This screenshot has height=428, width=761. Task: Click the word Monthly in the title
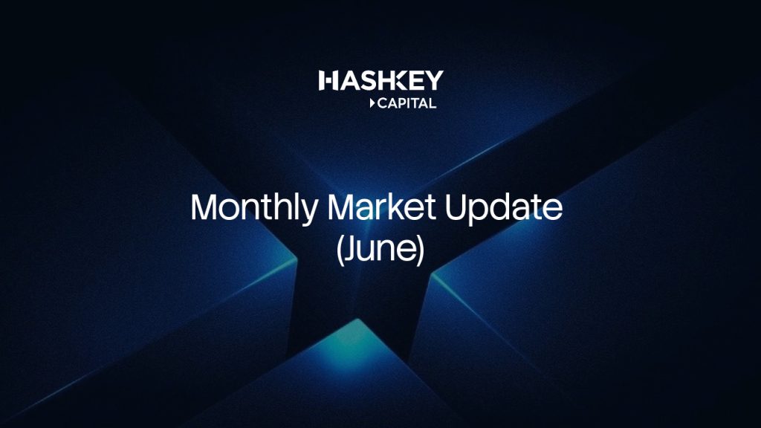coord(254,209)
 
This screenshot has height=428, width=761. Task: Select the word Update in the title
coord(504,209)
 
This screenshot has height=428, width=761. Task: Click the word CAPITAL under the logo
coord(407,103)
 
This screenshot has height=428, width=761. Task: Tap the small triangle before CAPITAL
coord(372,103)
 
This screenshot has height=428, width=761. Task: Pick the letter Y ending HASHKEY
coord(433,80)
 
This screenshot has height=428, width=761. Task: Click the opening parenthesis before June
coord(340,250)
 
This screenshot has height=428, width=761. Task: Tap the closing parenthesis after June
coord(421,250)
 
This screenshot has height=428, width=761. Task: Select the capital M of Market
coord(341,207)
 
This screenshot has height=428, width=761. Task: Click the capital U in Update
coord(456,208)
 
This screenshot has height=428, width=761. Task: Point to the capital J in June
coord(351,249)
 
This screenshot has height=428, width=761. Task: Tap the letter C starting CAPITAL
coord(383,103)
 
